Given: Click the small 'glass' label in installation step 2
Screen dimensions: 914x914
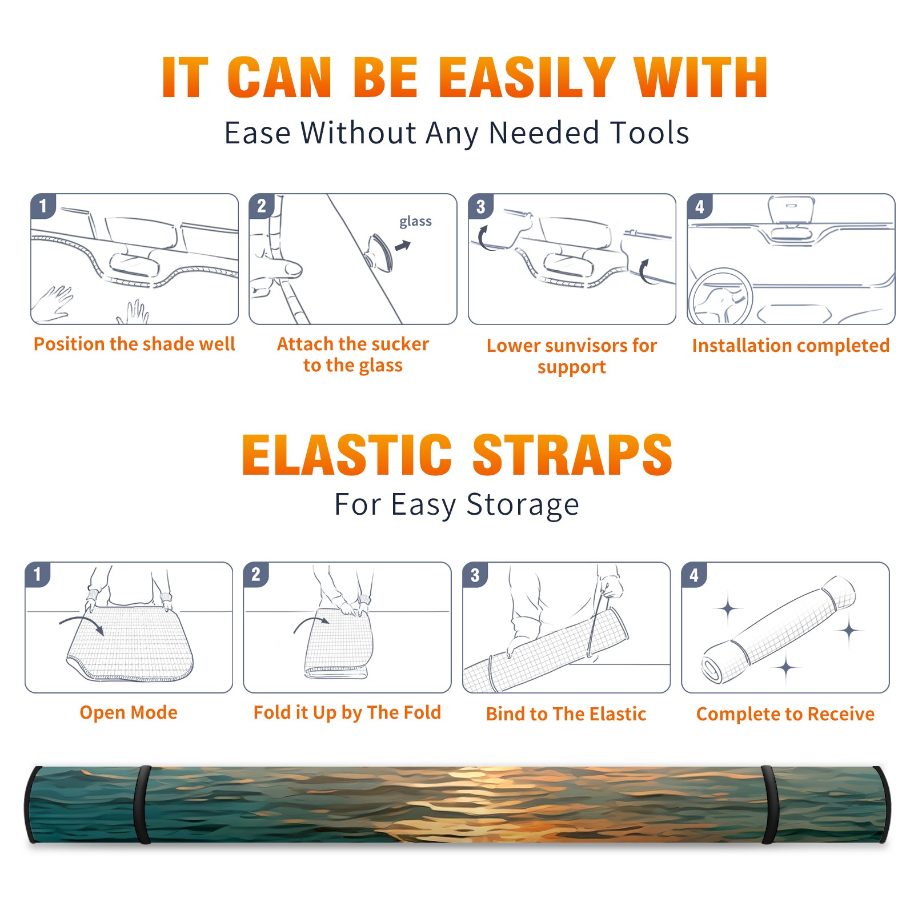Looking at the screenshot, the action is click(x=415, y=222).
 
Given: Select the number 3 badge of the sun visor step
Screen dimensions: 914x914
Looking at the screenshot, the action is click(x=480, y=206).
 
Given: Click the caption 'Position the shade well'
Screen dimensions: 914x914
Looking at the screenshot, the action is click(x=134, y=344).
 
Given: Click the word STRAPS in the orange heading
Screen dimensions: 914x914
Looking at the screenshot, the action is click(x=572, y=455).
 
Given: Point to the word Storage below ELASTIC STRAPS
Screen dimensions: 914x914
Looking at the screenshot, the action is click(x=523, y=505).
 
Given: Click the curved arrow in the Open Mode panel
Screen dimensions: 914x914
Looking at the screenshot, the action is click(x=82, y=624).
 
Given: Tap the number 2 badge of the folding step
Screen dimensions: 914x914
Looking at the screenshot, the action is click(x=256, y=575).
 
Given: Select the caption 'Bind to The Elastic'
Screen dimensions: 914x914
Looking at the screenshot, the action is click(x=566, y=714).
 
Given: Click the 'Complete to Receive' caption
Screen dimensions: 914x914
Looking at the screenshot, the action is click(x=785, y=714).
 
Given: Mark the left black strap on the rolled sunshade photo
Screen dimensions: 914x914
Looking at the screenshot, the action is click(x=142, y=805).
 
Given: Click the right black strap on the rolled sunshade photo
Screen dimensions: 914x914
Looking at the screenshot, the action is click(x=769, y=805).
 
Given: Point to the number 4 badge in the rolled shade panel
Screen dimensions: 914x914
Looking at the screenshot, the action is click(x=694, y=575).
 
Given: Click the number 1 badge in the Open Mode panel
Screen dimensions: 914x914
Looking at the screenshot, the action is click(x=38, y=575).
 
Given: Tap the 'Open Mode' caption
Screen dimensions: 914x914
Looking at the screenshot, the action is click(x=129, y=713).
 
